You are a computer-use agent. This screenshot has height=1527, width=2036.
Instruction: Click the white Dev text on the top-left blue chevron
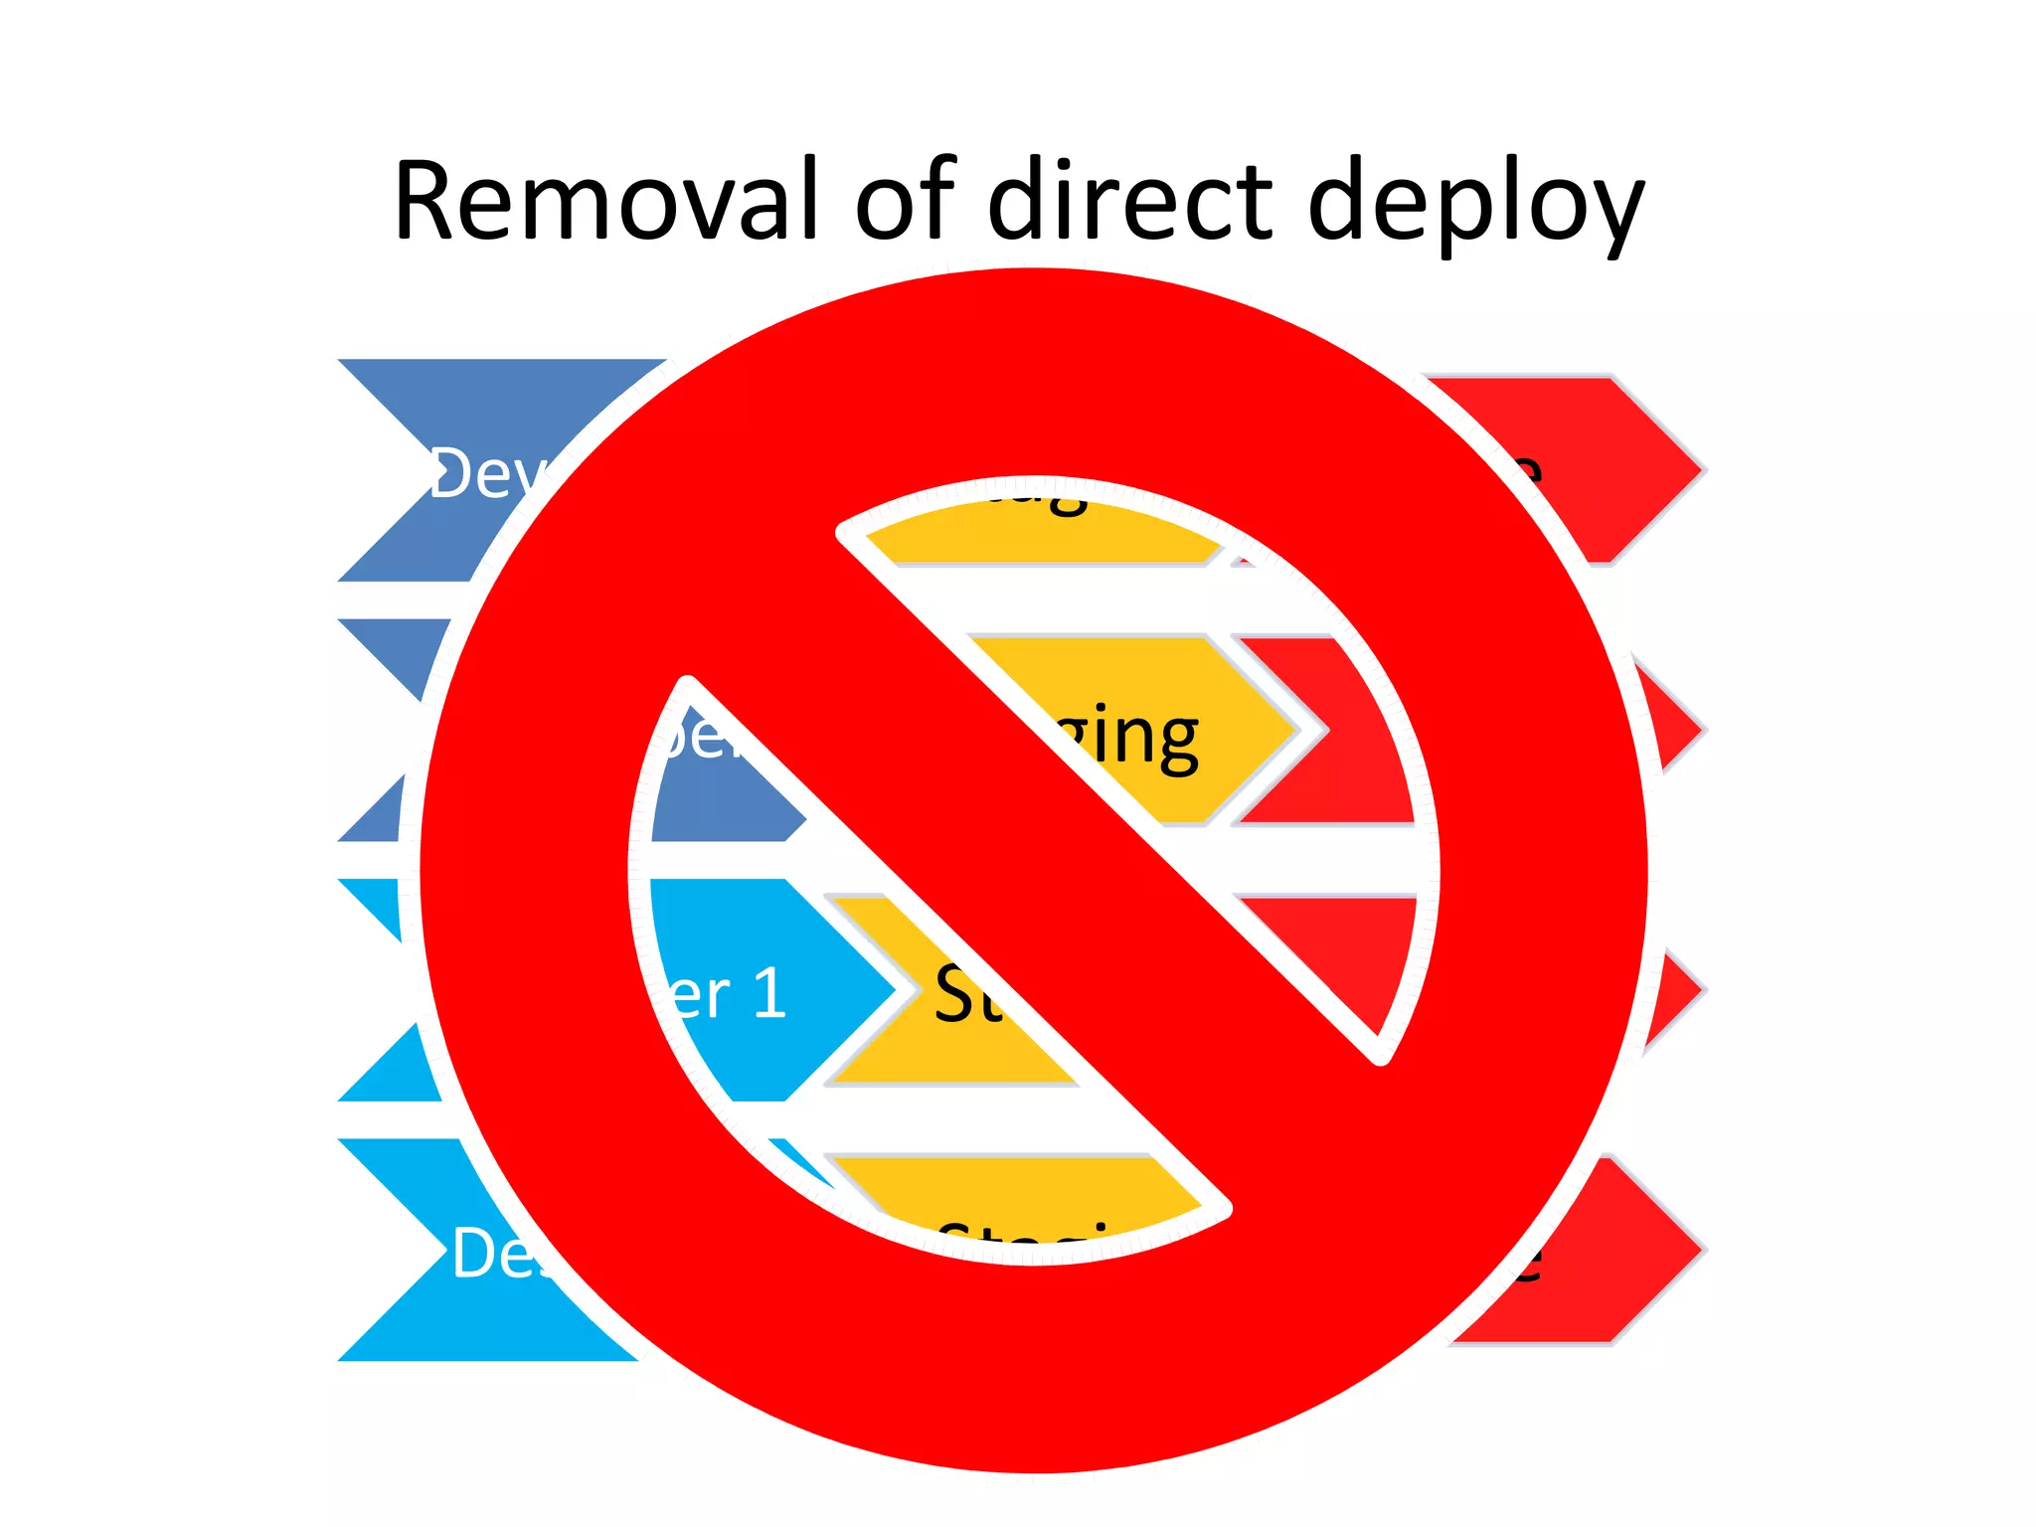click(487, 475)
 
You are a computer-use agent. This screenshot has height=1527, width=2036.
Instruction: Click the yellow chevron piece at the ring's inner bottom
click(1024, 1198)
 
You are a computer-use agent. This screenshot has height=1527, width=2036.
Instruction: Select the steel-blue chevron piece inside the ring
click(716, 795)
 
